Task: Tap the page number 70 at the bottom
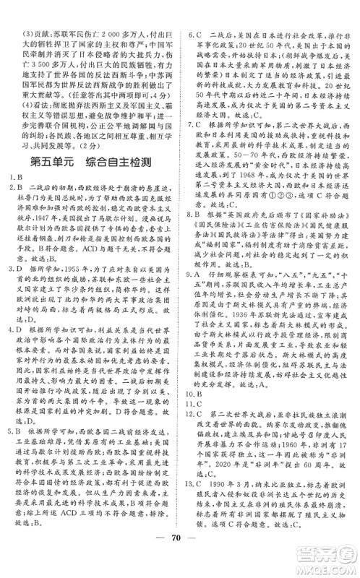179,558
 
